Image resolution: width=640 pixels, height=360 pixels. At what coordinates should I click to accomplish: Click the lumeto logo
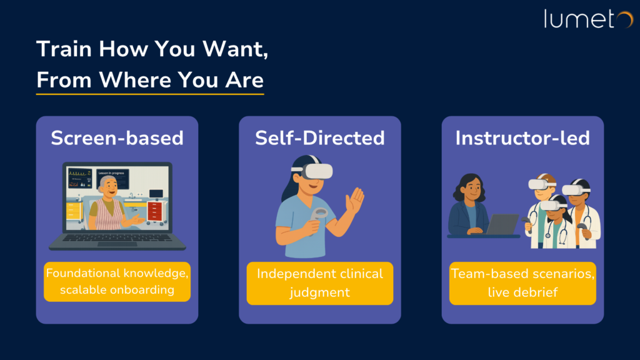coord(588,19)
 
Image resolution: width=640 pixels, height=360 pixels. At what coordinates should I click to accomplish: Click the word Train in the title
coord(64,49)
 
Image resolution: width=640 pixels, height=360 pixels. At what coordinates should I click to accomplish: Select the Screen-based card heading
coord(117,138)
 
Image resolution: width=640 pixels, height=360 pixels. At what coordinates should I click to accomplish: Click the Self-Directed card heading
coord(320,138)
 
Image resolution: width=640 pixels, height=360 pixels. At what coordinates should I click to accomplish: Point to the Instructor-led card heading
coord(522,138)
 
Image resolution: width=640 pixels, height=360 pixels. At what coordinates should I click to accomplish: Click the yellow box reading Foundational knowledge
coord(117,282)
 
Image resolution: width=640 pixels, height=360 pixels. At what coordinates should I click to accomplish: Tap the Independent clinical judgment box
coord(320,283)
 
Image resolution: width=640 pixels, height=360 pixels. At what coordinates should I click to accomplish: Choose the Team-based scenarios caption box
coord(522,283)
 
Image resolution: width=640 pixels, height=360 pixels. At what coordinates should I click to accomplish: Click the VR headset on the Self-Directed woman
coord(314,170)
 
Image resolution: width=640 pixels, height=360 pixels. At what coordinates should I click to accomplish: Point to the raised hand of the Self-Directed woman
coord(355,201)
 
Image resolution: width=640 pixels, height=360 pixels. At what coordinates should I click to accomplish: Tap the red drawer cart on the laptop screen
coord(155,212)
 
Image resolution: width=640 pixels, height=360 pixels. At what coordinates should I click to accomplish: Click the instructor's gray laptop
coord(502,224)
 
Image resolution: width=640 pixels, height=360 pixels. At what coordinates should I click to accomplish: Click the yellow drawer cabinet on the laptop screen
coord(74,210)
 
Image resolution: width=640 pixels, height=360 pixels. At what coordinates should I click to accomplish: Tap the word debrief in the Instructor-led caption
coord(537,292)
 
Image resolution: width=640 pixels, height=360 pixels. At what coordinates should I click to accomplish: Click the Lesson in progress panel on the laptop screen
coord(112,179)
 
